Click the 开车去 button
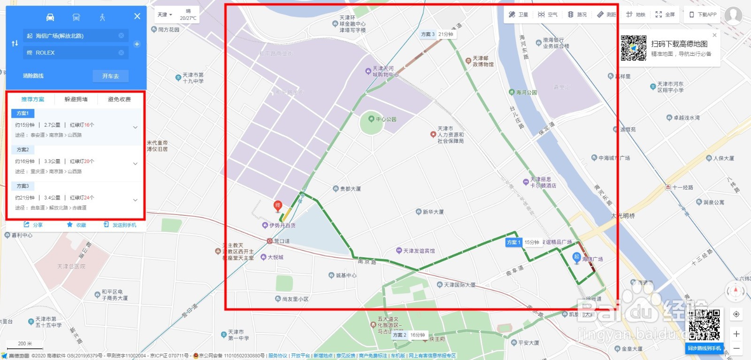(x=110, y=76)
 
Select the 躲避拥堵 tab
(x=76, y=100)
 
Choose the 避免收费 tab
(x=119, y=100)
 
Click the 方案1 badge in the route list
(x=23, y=113)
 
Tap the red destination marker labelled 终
(x=278, y=206)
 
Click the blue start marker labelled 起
(x=576, y=257)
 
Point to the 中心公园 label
(x=385, y=119)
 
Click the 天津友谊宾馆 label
(x=418, y=251)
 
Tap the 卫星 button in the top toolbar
(x=519, y=15)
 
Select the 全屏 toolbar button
(x=665, y=15)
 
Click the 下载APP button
(x=703, y=15)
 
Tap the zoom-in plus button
(x=736, y=334)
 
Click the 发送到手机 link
(x=120, y=225)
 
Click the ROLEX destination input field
(x=75, y=53)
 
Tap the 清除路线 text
(x=33, y=76)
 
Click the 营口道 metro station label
(x=282, y=241)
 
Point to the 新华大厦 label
(x=433, y=212)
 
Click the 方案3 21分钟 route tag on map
(x=437, y=34)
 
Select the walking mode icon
(x=102, y=17)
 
